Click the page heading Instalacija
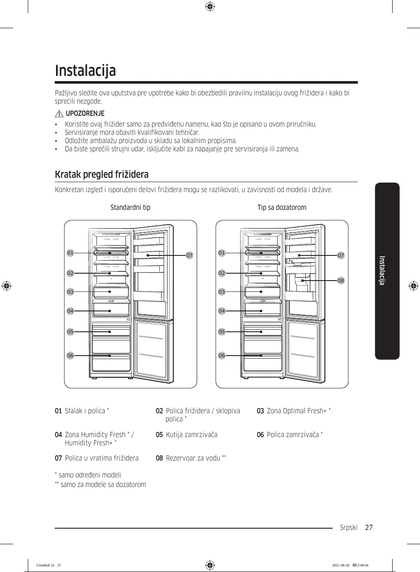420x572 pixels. click(x=86, y=71)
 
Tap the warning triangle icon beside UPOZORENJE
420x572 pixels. click(x=60, y=114)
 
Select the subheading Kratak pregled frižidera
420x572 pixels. click(x=102, y=174)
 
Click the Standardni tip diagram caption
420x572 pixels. click(x=130, y=207)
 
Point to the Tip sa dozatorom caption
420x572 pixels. click(x=281, y=207)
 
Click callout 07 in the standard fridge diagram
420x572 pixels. click(x=189, y=255)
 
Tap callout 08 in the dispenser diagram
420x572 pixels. click(x=341, y=281)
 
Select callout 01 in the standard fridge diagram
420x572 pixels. click(x=70, y=253)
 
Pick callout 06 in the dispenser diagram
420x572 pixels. click(x=222, y=356)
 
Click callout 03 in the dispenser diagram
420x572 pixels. click(x=222, y=292)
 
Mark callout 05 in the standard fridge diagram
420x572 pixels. click(x=70, y=332)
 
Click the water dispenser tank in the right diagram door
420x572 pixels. click(x=303, y=284)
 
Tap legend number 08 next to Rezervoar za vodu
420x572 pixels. click(x=159, y=458)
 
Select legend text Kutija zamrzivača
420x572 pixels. click(x=192, y=435)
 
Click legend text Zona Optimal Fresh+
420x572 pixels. click(x=297, y=411)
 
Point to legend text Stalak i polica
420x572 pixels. click(x=85, y=411)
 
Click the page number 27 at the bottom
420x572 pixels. click(x=369, y=527)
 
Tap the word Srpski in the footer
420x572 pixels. click(x=349, y=527)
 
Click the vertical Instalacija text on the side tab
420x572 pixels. click(x=382, y=271)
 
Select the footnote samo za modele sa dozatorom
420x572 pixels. click(x=103, y=484)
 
